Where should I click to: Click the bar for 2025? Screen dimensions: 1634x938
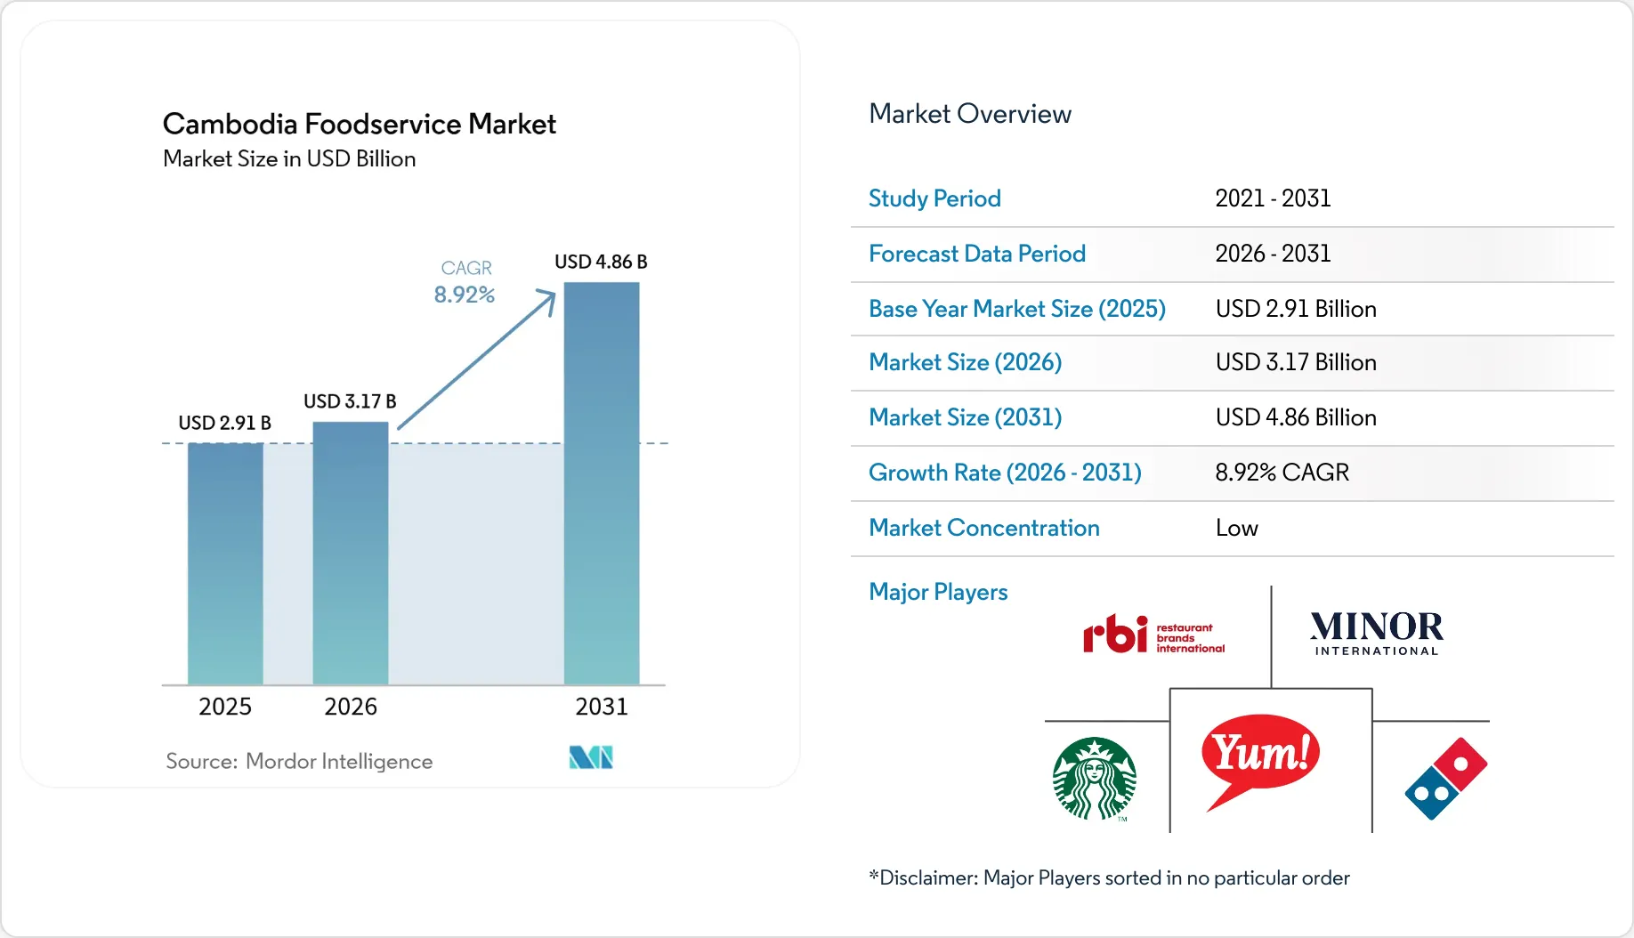(225, 563)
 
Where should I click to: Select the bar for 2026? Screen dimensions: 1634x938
(351, 553)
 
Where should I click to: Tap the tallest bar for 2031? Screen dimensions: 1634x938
(602, 483)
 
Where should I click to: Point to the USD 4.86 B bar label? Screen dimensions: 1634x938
(601, 262)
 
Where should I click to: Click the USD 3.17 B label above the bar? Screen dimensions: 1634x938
(350, 401)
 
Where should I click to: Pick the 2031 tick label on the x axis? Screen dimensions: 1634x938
(602, 707)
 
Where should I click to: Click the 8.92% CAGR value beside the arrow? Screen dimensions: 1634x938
(465, 295)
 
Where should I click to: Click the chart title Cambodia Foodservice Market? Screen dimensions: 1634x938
(360, 124)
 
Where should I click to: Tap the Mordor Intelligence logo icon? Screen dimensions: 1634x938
(591, 757)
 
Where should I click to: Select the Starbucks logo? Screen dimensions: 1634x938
(1095, 779)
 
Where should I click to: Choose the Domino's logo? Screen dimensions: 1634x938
(1446, 779)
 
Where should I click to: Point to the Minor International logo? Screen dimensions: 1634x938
(1377, 633)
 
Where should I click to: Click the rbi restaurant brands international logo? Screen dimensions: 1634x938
(1153, 635)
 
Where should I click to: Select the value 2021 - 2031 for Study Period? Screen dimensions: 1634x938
(1273, 198)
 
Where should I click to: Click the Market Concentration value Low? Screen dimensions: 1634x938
(1237, 529)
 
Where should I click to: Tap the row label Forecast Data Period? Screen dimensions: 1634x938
(977, 254)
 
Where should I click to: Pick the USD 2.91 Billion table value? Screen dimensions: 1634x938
(1296, 309)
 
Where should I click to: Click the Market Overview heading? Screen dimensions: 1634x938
(970, 114)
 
